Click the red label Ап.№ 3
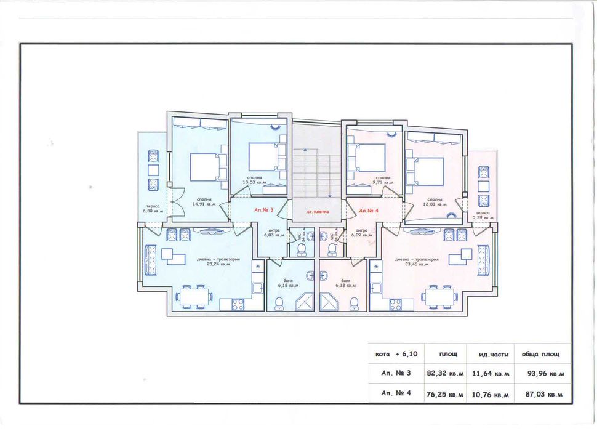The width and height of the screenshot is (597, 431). tap(265, 210)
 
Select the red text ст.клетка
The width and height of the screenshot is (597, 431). tap(318, 211)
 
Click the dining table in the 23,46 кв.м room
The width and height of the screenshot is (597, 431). tap(438, 297)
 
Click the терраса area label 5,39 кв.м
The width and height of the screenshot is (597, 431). tap(483, 217)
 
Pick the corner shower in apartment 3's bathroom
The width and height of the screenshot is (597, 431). tap(302, 302)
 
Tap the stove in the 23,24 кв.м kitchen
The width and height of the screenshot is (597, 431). tap(238, 304)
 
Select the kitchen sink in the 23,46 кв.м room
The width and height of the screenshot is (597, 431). tap(376, 266)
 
